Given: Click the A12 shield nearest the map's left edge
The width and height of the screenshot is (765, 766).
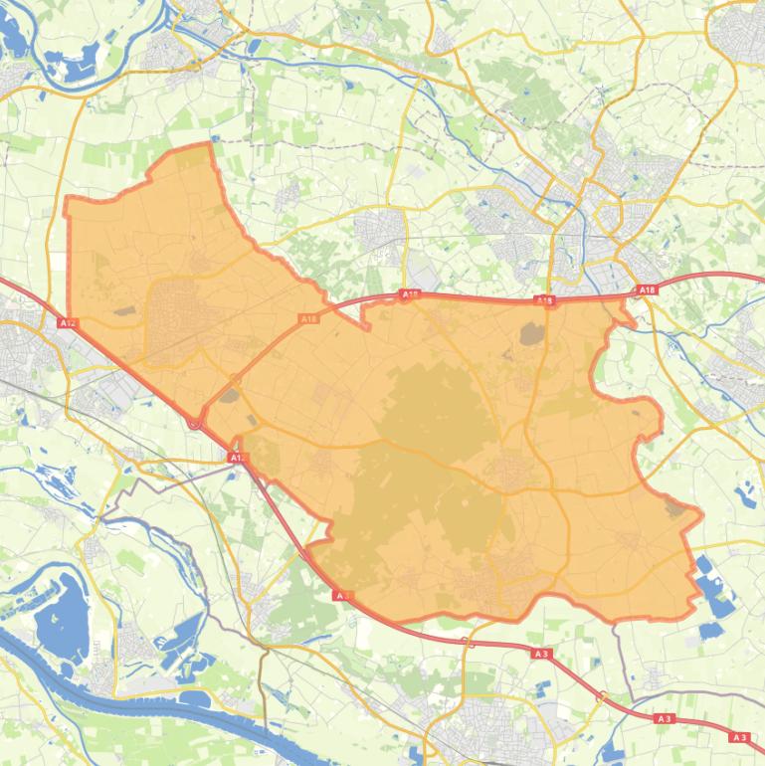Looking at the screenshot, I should pyautogui.click(x=67, y=323).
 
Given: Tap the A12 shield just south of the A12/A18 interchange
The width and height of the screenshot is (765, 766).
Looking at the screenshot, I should pyautogui.click(x=236, y=457).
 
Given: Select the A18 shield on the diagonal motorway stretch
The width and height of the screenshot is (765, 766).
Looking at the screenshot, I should pyautogui.click(x=308, y=319).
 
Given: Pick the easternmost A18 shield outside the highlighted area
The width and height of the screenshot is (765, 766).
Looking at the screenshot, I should pyautogui.click(x=647, y=290).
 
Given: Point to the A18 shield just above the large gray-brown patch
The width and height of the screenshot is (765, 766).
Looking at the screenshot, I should pyautogui.click(x=543, y=299).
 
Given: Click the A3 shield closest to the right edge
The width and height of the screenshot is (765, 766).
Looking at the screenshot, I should pyautogui.click(x=739, y=737).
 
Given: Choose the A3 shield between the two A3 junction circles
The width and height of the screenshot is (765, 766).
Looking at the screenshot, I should pyautogui.click(x=541, y=654).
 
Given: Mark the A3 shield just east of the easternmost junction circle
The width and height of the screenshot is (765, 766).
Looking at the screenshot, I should pyautogui.click(x=664, y=718).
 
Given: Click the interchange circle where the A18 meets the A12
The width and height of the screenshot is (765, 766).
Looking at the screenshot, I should pyautogui.click(x=195, y=422).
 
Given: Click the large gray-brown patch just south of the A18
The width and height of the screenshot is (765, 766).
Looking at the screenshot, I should pyautogui.click(x=531, y=334).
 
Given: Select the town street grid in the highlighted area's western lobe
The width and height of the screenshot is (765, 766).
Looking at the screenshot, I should pyautogui.click(x=173, y=308).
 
